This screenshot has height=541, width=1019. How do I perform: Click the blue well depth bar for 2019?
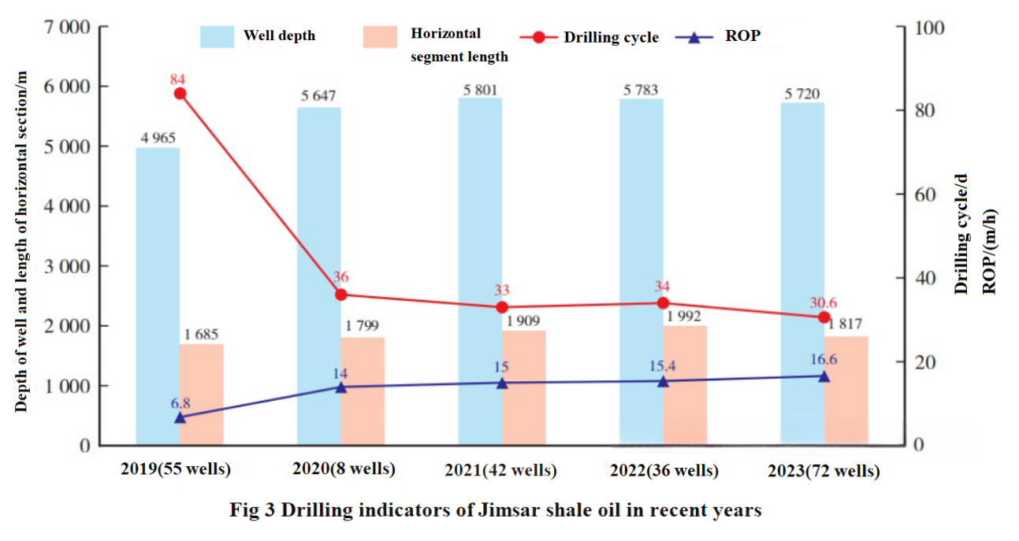pyautogui.click(x=158, y=296)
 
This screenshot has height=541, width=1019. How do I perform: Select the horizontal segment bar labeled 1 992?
pyautogui.click(x=685, y=386)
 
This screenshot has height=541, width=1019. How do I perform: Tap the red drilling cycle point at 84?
pyautogui.click(x=180, y=94)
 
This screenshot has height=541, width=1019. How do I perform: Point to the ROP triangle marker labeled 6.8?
pyautogui.click(x=180, y=417)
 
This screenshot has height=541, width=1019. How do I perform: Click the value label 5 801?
pyautogui.click(x=480, y=90)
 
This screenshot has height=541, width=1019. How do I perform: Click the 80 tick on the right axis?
pyautogui.click(x=918, y=111)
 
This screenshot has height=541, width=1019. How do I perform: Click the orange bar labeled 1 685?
pyautogui.click(x=202, y=395)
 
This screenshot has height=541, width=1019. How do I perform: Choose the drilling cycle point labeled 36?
pyautogui.click(x=341, y=295)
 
